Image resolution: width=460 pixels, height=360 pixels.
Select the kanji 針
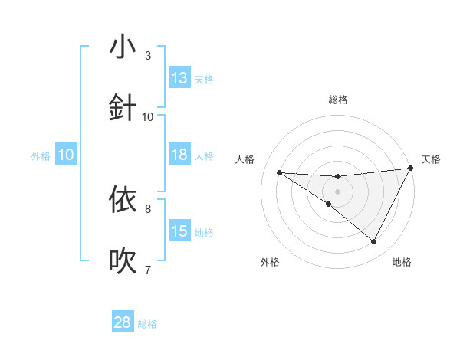click(x=123, y=107)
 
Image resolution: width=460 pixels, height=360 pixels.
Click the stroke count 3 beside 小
click(x=148, y=56)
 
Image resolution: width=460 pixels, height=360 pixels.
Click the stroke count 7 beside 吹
click(x=148, y=270)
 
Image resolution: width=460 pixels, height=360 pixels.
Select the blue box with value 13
click(x=179, y=78)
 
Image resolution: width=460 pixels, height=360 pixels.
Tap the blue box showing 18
click(x=179, y=155)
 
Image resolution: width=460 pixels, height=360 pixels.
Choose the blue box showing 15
click(x=179, y=231)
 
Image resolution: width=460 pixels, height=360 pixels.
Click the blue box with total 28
click(x=123, y=322)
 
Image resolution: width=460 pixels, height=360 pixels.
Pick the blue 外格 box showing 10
click(x=66, y=155)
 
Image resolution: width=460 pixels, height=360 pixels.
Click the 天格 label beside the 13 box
click(x=204, y=79)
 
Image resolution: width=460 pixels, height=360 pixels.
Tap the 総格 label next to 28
click(x=147, y=324)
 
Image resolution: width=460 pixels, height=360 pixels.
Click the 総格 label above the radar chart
click(x=338, y=100)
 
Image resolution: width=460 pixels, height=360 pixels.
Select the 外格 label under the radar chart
click(x=270, y=263)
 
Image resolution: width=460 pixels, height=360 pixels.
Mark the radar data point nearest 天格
click(x=410, y=169)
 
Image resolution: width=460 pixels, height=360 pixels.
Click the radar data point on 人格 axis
click(x=279, y=172)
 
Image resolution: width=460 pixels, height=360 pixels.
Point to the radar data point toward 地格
click(x=374, y=242)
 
